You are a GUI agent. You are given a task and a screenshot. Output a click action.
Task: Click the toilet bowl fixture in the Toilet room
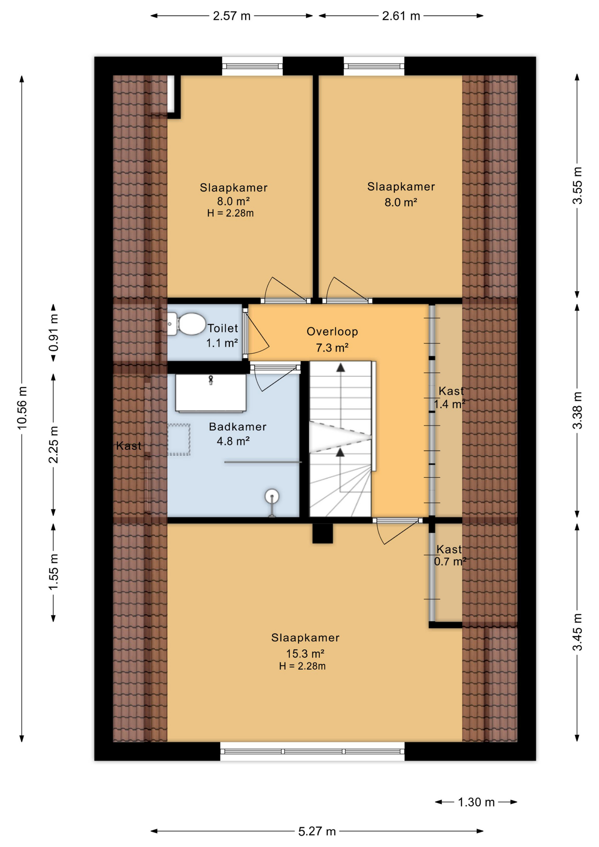(187, 324)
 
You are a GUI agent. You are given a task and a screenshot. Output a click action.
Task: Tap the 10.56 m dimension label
(22, 408)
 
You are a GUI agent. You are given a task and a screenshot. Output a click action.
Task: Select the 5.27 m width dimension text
(317, 832)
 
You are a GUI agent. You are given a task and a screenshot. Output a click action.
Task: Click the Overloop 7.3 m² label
(332, 339)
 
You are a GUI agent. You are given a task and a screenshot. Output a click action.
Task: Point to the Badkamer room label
(237, 427)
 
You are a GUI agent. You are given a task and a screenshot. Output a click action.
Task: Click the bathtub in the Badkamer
(211, 393)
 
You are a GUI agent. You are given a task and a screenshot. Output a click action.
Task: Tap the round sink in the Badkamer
(272, 497)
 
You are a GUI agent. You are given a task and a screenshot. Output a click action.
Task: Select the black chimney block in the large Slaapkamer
(322, 533)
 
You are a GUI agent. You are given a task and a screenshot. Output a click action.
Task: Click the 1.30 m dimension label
(476, 802)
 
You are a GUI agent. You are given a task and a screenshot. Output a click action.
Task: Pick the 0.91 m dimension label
(53, 333)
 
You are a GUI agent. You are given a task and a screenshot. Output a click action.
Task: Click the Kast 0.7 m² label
(449, 555)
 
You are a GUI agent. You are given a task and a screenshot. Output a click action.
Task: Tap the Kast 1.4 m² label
(450, 397)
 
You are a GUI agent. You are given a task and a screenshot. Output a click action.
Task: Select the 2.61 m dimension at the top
(401, 16)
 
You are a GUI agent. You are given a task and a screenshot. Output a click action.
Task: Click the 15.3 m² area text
(305, 653)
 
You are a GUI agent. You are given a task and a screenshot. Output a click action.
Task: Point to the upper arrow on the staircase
(341, 368)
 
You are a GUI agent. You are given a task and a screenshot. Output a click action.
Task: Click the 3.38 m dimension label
(577, 410)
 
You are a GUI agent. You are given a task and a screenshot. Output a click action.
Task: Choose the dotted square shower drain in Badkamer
(179, 439)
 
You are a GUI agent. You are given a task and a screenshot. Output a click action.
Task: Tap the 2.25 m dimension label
(53, 445)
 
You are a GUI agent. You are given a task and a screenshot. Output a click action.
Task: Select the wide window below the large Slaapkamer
(312, 751)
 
